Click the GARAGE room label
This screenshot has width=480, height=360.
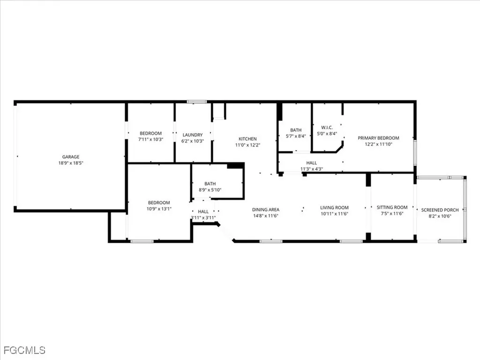click(x=71, y=157)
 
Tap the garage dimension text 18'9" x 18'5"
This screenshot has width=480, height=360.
click(x=71, y=163)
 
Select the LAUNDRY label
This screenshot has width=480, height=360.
click(x=193, y=135)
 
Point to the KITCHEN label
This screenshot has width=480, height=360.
click(x=247, y=139)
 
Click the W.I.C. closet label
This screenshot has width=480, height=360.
click(x=327, y=127)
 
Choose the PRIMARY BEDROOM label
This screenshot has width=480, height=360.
click(x=378, y=138)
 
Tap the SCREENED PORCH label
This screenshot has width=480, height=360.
click(x=440, y=210)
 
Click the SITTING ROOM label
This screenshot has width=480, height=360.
click(x=392, y=207)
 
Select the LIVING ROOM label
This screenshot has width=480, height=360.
click(x=334, y=208)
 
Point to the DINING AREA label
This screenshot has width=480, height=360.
click(x=266, y=210)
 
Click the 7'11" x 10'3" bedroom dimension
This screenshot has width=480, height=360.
click(x=150, y=140)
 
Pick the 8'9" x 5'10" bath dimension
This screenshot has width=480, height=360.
click(x=210, y=189)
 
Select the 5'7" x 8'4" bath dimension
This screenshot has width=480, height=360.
click(x=296, y=136)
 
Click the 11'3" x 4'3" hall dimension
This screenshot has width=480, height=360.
click(x=312, y=169)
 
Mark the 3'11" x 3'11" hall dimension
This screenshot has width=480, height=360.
click(x=203, y=217)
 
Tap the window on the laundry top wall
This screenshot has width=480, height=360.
click(x=196, y=101)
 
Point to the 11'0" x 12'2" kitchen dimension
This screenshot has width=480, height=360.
click(x=247, y=145)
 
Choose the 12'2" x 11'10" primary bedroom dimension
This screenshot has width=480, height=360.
click(x=378, y=144)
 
